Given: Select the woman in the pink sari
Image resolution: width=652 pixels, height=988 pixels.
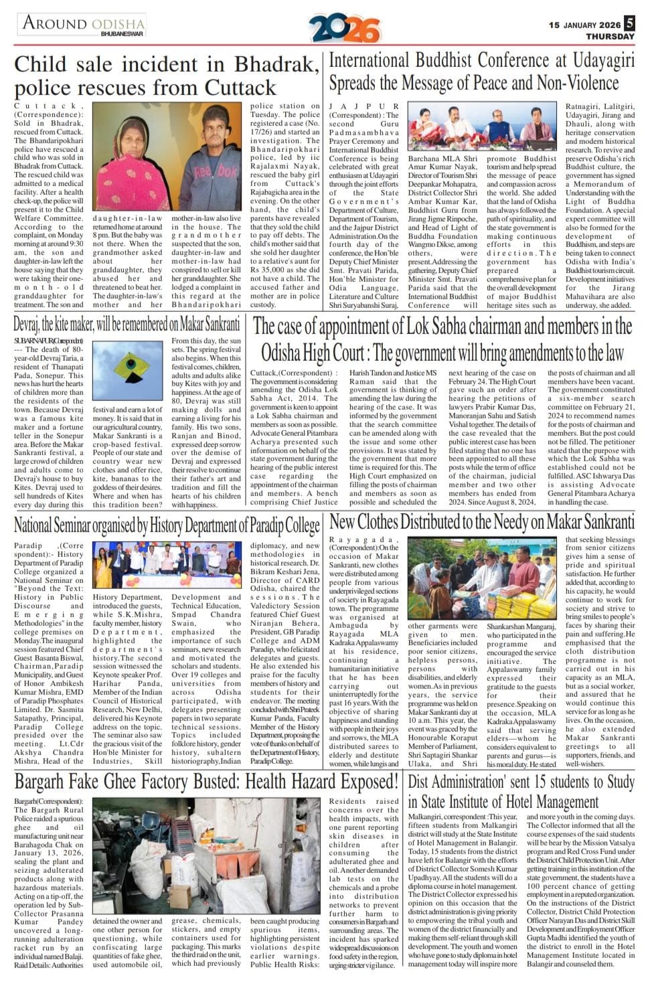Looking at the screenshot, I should pos(127,167).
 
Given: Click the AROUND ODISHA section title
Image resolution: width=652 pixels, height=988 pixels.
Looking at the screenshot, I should pos(83,23).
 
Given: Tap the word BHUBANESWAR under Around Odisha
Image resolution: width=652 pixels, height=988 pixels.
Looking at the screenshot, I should pos(122,33).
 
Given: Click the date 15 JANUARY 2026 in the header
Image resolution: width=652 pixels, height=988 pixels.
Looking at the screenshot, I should pos(584,25).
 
